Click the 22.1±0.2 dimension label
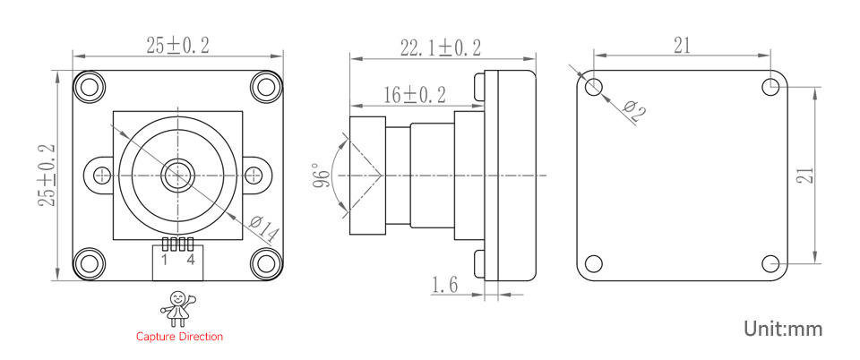tap(440, 47)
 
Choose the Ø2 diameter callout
tap(633, 110)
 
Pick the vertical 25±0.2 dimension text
tap(47, 176)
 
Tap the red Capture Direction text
tap(179, 337)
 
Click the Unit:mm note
tap(782, 329)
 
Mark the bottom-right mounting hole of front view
tap(266, 263)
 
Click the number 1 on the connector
tap(165, 261)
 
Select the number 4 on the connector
tap(191, 261)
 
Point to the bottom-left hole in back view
tap(594, 263)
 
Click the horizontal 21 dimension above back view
tap(683, 46)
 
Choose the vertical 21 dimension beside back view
tap(805, 176)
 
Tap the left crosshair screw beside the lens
tap(102, 175)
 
